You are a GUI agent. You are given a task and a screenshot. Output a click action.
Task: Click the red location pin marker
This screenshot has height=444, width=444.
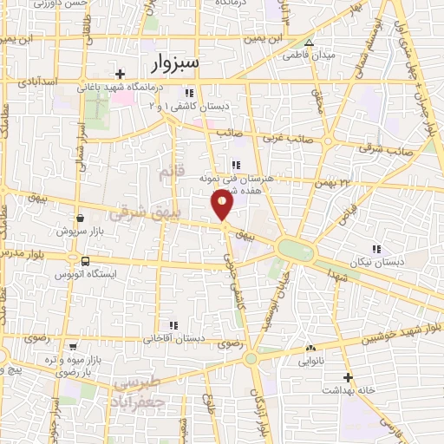point(223,206)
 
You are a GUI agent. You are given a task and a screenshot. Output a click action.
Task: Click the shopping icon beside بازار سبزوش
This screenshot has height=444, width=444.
point(81,219)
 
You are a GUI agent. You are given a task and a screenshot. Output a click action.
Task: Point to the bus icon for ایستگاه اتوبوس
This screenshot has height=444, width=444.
point(85,261)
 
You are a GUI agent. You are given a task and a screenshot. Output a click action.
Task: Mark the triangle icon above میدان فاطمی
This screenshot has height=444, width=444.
point(309,42)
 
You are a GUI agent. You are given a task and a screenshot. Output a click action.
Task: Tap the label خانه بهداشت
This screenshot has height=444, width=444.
point(347,389)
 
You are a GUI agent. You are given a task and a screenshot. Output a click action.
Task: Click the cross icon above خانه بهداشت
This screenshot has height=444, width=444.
point(347,377)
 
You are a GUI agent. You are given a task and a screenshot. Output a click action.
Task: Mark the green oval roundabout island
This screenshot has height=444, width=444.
point(295,250)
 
